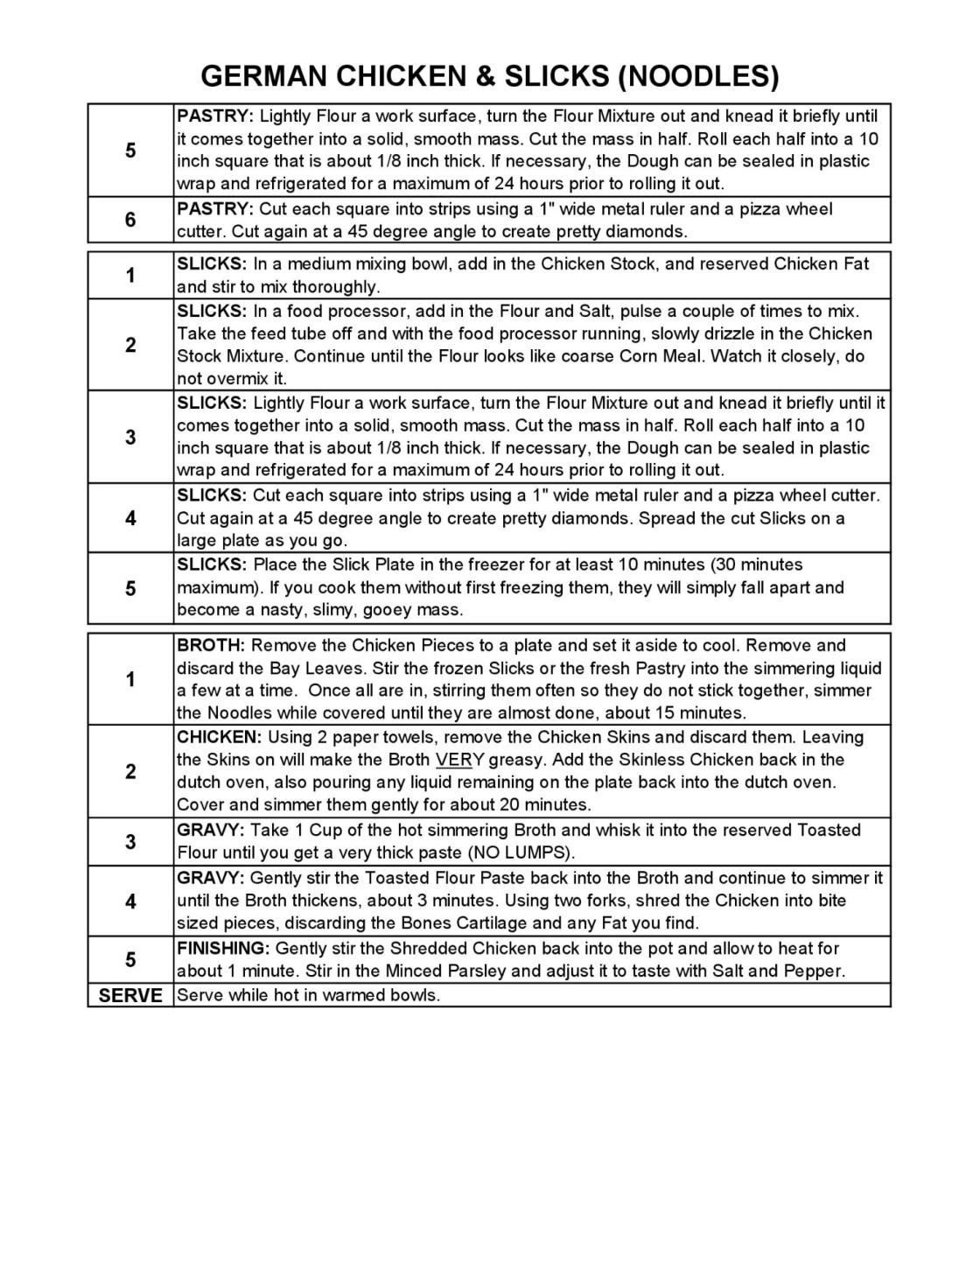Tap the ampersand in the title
[484, 76]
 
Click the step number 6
[130, 220]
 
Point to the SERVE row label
[130, 995]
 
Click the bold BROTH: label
[211, 646]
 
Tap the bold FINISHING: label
[223, 948]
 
